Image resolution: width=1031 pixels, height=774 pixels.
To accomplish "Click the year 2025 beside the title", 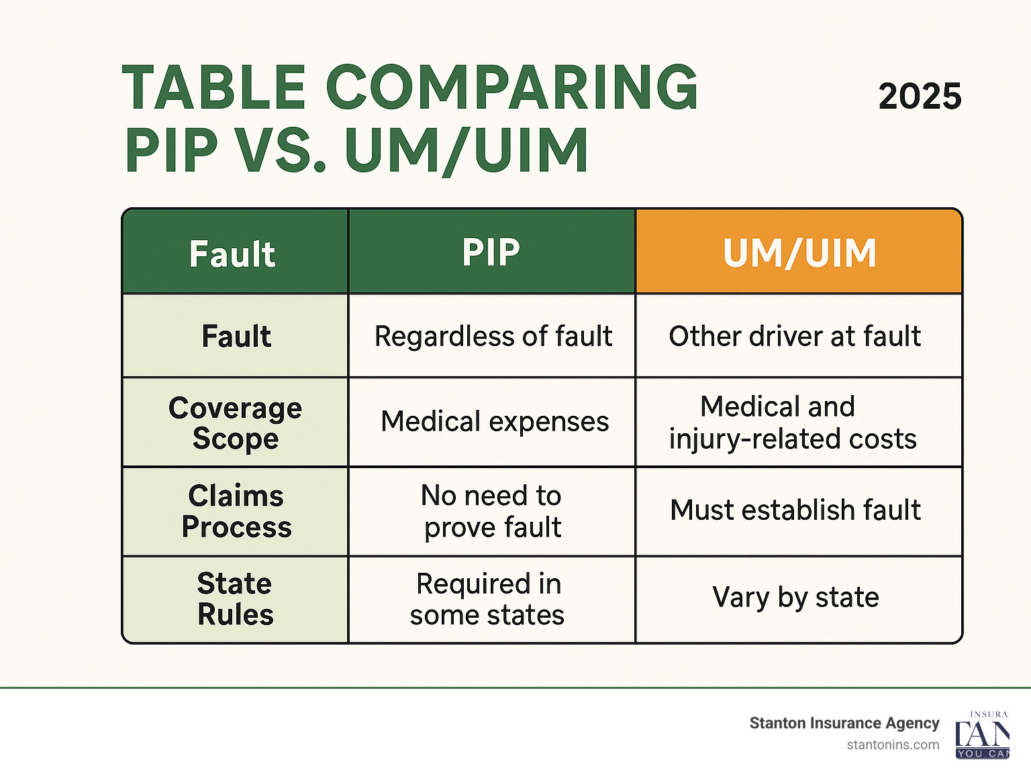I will click(920, 97).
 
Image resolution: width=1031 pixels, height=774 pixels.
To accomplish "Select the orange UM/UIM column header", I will click(799, 253).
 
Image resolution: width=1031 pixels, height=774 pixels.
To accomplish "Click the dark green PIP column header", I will click(491, 253).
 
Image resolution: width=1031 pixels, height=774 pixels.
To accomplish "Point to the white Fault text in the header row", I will click(232, 254).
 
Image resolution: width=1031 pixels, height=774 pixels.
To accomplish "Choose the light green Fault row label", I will click(236, 336).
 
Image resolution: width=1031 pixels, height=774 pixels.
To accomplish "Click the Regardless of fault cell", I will click(493, 336).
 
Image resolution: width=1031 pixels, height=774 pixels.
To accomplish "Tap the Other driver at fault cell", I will click(795, 336).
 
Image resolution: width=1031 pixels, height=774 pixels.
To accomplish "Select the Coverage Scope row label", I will click(236, 423).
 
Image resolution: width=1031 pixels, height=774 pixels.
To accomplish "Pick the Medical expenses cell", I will click(495, 422).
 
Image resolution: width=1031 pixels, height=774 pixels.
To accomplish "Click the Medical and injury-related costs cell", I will click(793, 423).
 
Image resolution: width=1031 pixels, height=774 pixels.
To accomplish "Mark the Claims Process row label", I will click(236, 511).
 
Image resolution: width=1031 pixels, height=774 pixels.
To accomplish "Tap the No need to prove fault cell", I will click(492, 511).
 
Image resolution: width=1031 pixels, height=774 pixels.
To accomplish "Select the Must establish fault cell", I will click(795, 510).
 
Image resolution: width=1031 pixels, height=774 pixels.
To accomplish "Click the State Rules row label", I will click(236, 599).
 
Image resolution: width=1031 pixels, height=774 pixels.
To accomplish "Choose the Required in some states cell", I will click(488, 599).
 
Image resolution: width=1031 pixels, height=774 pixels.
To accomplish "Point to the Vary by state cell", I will click(795, 597).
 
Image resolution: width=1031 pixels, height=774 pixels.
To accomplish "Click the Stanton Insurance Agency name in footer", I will click(844, 723).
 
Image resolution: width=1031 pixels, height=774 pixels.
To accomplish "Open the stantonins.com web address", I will click(893, 744).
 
